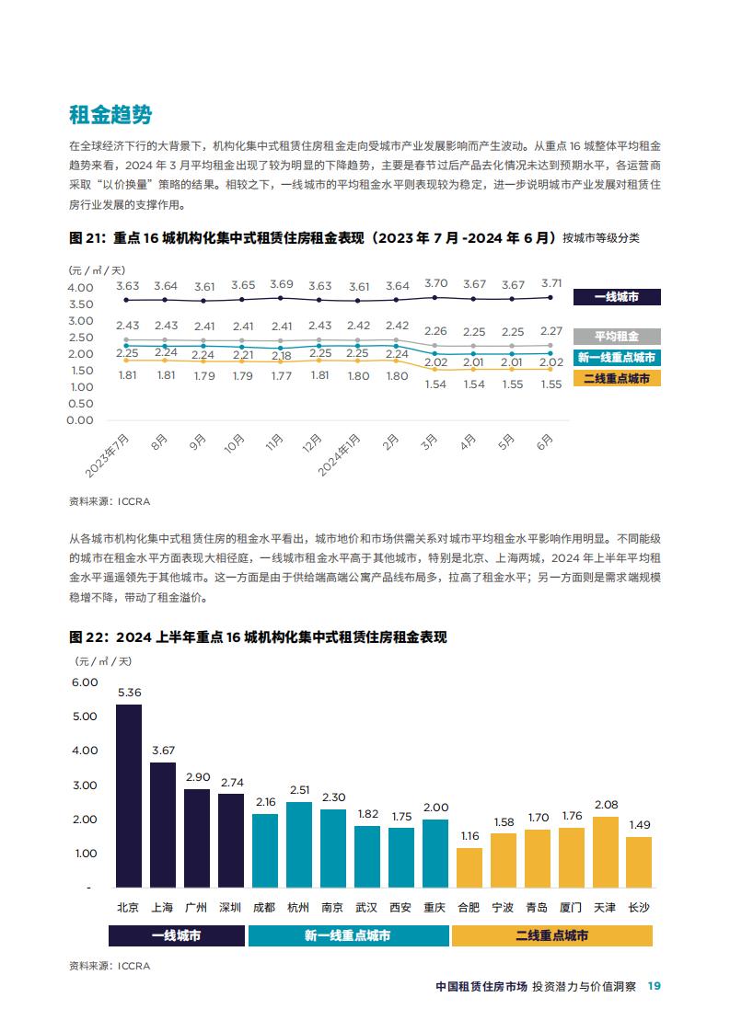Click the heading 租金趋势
[110, 115]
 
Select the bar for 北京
[129, 796]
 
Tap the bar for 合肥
[469, 867]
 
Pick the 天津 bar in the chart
[606, 852]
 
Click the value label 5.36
[129, 693]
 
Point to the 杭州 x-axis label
[297, 908]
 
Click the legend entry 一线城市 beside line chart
[617, 297]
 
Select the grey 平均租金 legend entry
[617, 337]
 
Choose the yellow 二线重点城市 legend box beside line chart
[617, 378]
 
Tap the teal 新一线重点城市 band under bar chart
[348, 935]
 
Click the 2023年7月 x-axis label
[107, 455]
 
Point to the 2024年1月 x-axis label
[339, 454]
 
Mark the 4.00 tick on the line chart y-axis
[80, 288]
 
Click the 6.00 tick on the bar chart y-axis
[85, 682]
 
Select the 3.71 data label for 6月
[551, 283]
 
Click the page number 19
[655, 986]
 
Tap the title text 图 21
[87, 237]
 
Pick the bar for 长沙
[639, 862]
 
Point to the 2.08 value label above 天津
[606, 805]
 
